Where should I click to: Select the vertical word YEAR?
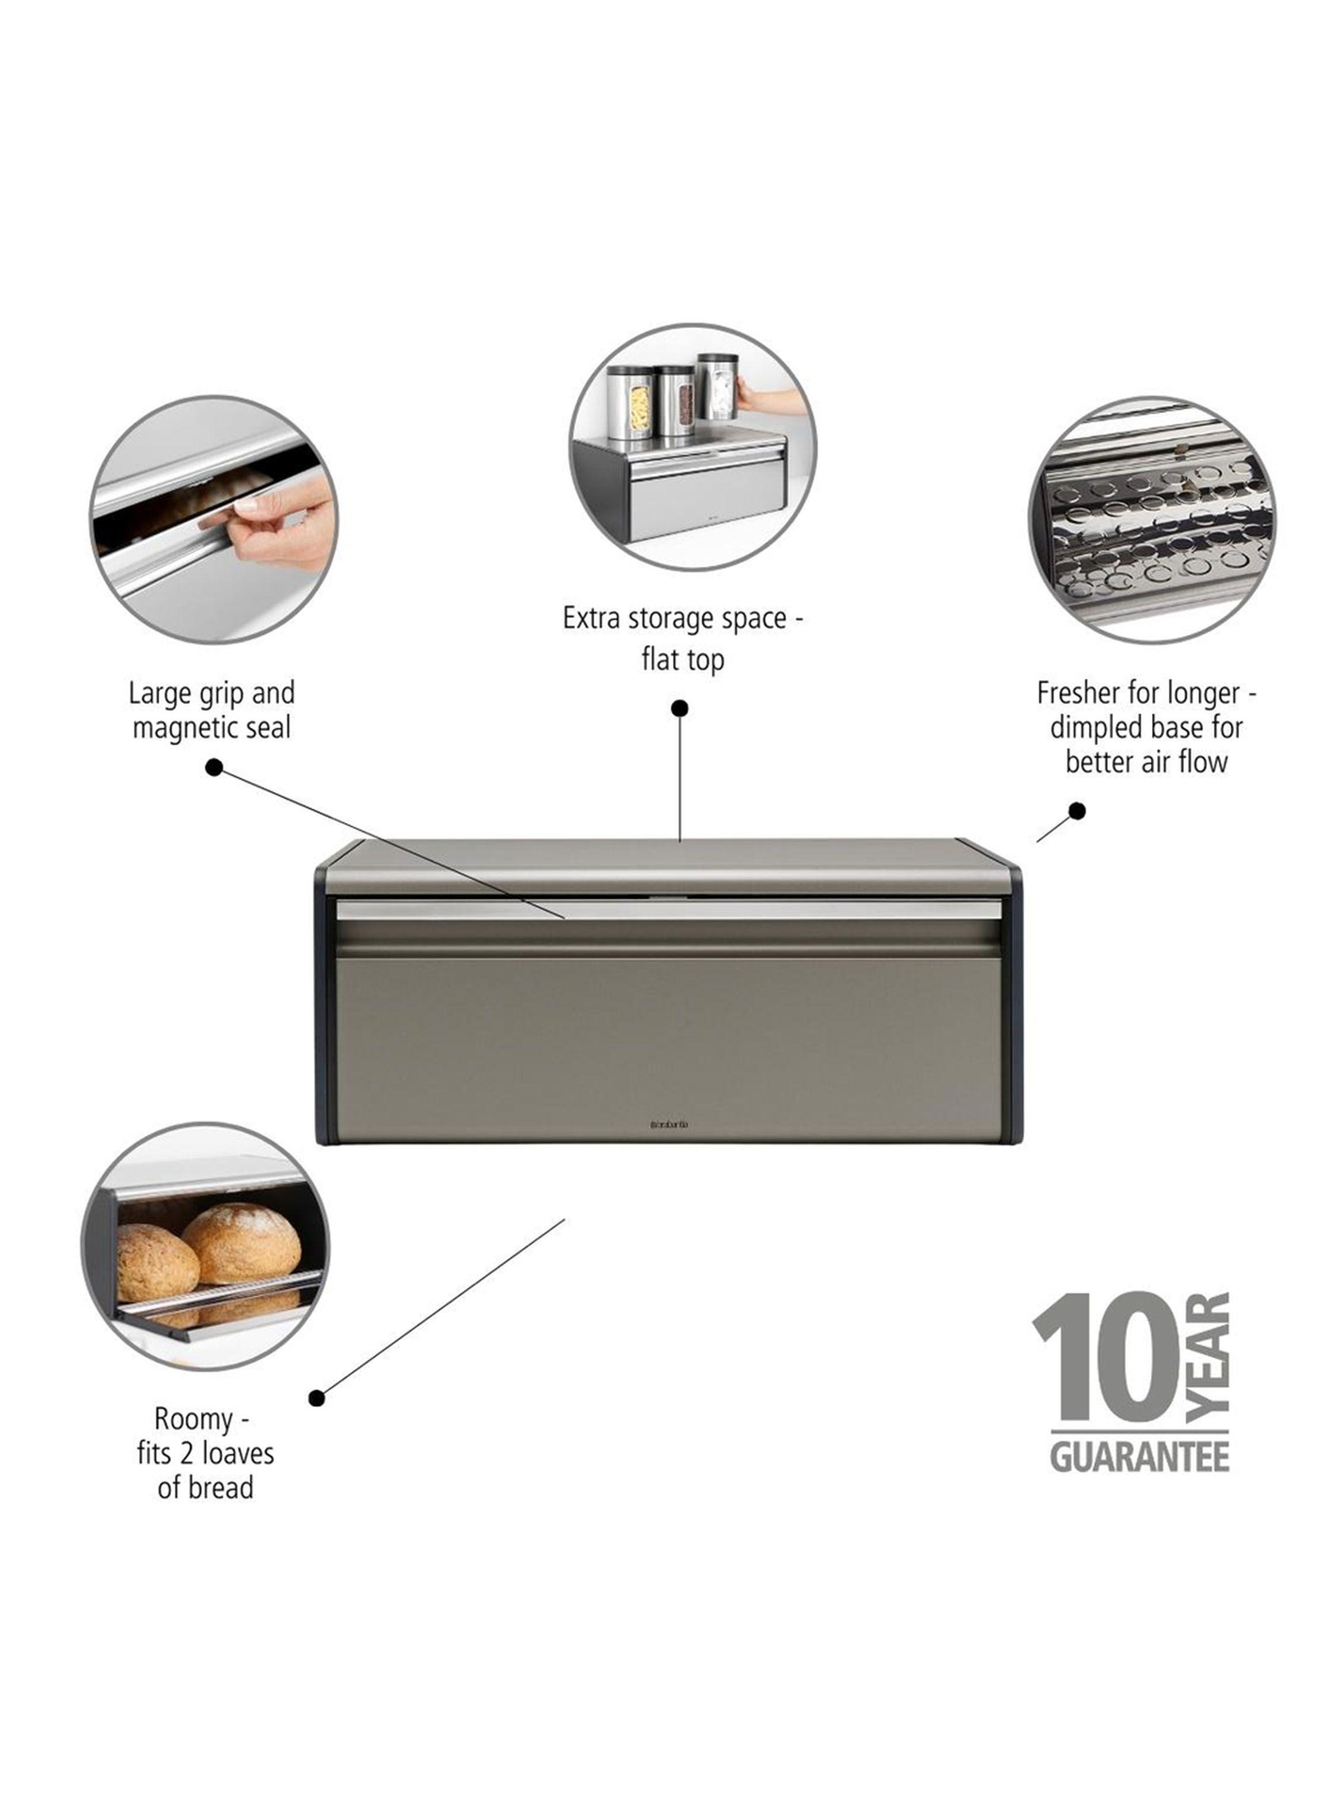[1208, 1357]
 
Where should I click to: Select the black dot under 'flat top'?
[680, 708]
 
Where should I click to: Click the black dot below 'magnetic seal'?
[215, 768]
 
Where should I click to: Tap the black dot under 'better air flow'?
[1077, 811]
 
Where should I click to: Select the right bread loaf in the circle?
[241, 1242]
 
